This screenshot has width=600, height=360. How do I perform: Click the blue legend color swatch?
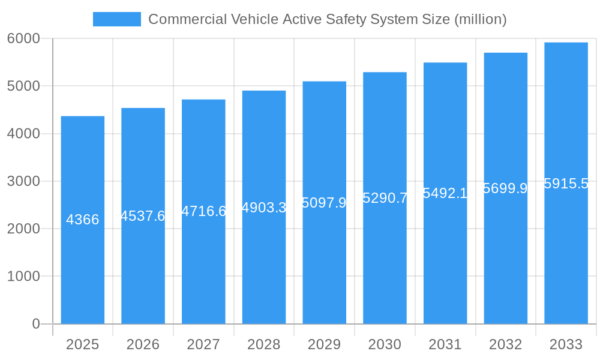[116, 19]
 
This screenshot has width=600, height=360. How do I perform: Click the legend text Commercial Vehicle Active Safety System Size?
[327, 19]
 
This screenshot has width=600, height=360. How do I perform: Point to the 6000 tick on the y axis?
[23, 38]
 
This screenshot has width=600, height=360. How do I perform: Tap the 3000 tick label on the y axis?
[23, 181]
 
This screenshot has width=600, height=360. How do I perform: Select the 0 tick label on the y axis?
[35, 324]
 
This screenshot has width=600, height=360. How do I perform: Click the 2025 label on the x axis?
[82, 344]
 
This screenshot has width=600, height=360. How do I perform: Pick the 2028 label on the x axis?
[263, 344]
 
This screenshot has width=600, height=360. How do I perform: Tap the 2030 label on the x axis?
[385, 344]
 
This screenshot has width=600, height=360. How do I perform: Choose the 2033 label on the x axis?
[566, 344]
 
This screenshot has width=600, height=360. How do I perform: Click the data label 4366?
[82, 220]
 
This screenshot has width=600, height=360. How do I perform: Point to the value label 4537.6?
[143, 216]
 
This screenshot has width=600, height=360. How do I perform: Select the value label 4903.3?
[263, 208]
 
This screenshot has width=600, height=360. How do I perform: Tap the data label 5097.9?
[324, 203]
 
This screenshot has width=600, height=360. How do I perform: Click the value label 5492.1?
[445, 193]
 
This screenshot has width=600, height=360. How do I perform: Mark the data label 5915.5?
[566, 184]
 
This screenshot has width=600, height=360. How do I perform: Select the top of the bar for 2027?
[203, 100]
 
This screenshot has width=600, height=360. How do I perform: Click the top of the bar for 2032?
[505, 53]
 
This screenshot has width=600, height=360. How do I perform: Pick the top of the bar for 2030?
[385, 73]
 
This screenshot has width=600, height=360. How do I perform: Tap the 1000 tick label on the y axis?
[23, 277]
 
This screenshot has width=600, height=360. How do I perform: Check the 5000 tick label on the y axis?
[23, 86]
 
